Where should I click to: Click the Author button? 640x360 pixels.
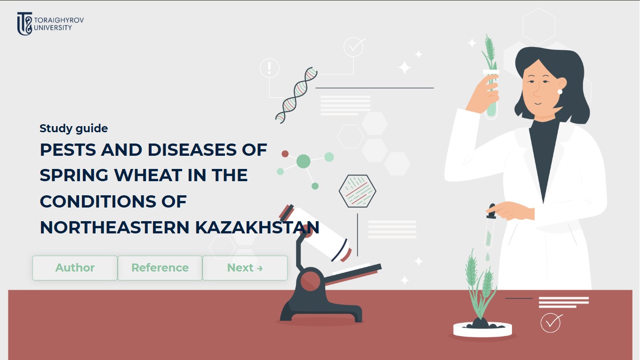pyautogui.click(x=75, y=268)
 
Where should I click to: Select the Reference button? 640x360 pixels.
pyautogui.click(x=160, y=268)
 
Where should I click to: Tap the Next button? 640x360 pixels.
pyautogui.click(x=245, y=268)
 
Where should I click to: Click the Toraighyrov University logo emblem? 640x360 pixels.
pyautogui.click(x=24, y=24)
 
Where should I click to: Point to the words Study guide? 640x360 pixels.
pyautogui.click(x=73, y=128)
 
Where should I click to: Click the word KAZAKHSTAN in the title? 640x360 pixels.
pyautogui.click(x=257, y=228)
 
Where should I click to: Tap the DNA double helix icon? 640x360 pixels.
pyautogui.click(x=296, y=95)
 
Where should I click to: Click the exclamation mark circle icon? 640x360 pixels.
pyautogui.click(x=269, y=68)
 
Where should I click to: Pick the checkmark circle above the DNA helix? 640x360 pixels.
pyautogui.click(x=353, y=47)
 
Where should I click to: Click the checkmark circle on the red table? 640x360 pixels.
pyautogui.click(x=551, y=323)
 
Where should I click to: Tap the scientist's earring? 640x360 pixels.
pyautogui.click(x=560, y=91)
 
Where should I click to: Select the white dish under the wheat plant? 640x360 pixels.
pyautogui.click(x=482, y=330)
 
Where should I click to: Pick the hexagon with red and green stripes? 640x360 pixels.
pyautogui.click(x=357, y=191)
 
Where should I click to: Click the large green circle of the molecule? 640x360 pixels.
pyautogui.click(x=304, y=161)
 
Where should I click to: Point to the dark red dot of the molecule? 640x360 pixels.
pyautogui.click(x=285, y=153)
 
